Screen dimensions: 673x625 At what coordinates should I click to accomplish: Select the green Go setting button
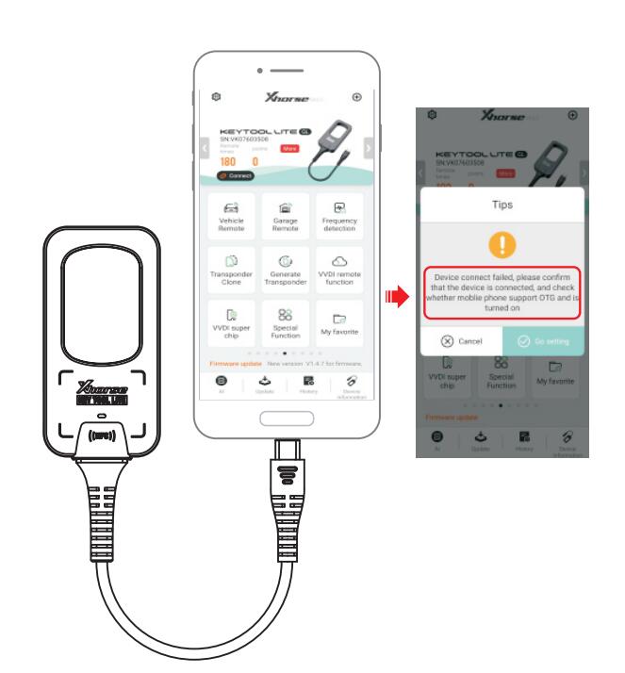[542, 339]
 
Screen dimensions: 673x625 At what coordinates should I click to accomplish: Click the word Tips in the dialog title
[501, 204]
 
